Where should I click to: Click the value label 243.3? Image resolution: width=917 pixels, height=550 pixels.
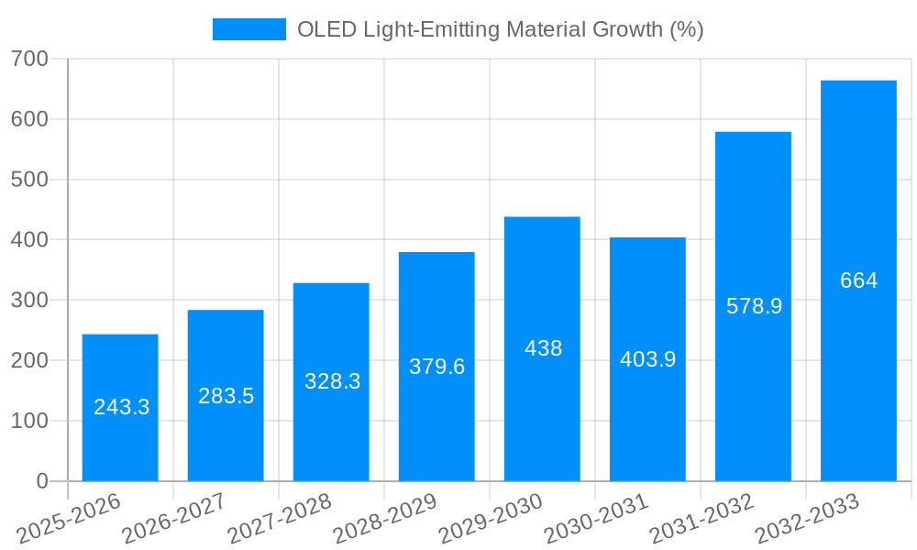(121, 408)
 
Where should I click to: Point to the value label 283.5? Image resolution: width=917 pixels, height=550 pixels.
(226, 397)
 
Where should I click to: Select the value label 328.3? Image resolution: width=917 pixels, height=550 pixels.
(332, 382)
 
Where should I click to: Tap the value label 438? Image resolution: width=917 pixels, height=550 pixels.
(543, 349)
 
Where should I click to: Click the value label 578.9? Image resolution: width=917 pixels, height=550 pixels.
(754, 307)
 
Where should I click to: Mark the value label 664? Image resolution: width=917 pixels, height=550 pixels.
(858, 281)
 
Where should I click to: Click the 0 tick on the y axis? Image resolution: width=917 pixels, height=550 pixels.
(41, 481)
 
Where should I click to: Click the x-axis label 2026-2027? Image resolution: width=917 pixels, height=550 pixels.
(174, 519)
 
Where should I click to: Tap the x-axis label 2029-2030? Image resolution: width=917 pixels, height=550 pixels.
(491, 519)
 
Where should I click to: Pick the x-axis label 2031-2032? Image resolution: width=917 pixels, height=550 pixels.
(702, 519)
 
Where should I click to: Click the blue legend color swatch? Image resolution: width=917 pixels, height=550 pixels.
(249, 30)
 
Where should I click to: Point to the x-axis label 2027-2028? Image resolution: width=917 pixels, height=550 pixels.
(280, 519)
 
